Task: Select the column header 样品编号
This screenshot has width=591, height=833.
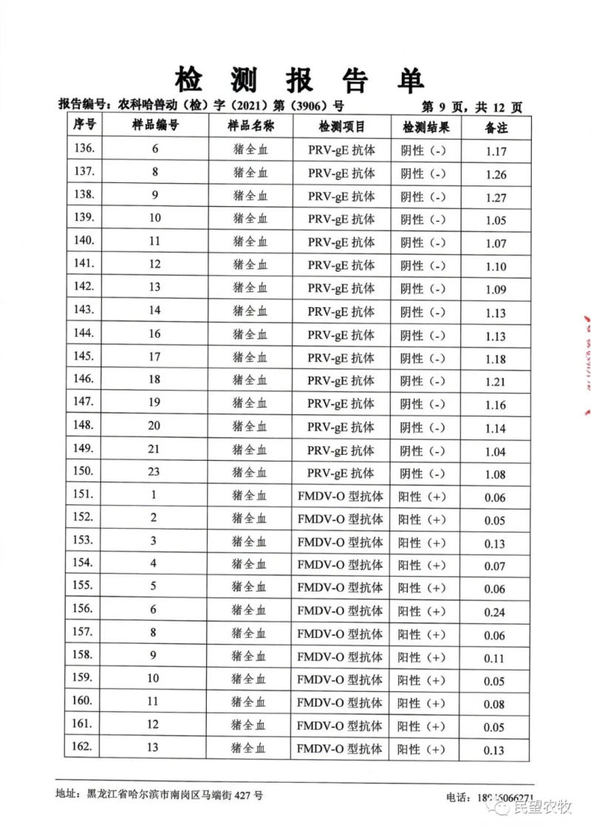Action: pos(155,126)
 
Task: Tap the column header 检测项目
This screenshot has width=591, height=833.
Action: pos(342,126)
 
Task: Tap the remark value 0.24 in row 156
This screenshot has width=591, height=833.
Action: pos(495,613)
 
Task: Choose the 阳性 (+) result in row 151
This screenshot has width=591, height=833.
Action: pos(423,496)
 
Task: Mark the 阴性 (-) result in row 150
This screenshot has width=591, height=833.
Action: pos(423,473)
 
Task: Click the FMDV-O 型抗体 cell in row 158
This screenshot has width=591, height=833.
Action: pos(341,657)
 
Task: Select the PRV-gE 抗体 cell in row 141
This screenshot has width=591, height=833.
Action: pos(341,265)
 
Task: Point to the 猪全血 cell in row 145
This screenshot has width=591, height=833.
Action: pos(250,357)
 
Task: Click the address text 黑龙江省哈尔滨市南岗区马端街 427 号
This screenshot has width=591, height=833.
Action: pos(174,795)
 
